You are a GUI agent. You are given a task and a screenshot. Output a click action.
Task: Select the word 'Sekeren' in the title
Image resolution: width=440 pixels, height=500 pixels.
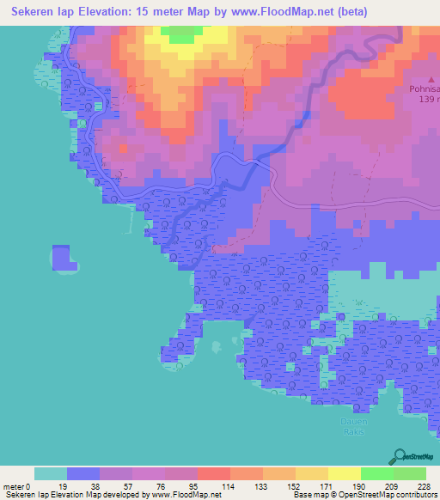pos(27,12)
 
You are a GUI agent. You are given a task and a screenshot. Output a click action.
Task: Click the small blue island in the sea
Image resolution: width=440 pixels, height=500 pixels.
pos(61,257)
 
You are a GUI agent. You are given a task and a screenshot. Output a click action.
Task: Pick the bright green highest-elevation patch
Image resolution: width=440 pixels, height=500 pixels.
pos(180,34)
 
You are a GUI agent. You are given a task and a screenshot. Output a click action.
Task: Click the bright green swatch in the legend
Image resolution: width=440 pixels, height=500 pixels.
pos(376,473)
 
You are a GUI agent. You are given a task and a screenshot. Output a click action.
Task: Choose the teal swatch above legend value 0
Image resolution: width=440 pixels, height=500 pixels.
pos(50,473)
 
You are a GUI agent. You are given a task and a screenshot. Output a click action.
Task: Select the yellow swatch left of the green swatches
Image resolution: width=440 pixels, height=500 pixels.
pos(344,473)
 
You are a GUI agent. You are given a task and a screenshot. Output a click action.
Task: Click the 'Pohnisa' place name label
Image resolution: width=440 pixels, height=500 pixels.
pos(425,89)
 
